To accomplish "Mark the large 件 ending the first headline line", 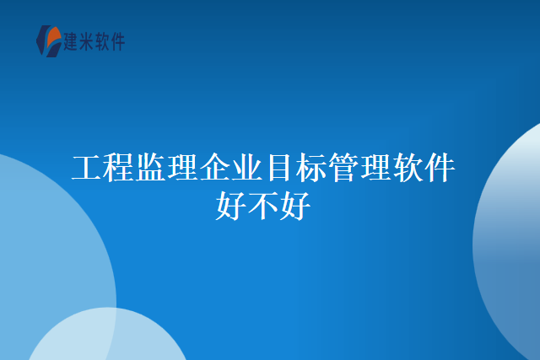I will (x=440, y=169).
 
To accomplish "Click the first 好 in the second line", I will (x=231, y=205).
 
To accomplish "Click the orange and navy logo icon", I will (x=49, y=40).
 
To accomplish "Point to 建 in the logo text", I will (x=73, y=40).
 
